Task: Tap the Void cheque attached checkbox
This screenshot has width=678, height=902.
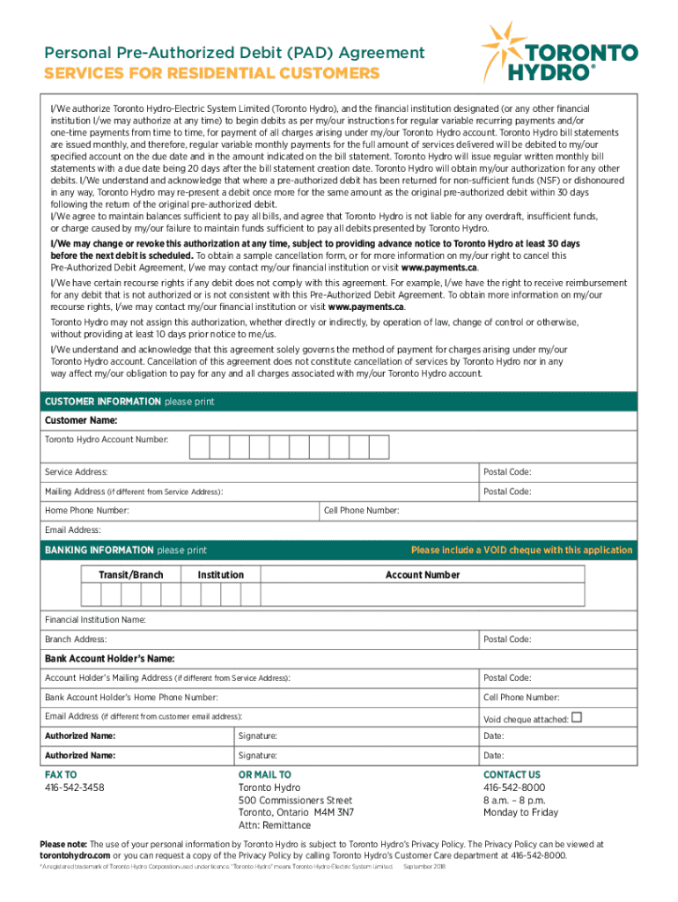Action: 577,717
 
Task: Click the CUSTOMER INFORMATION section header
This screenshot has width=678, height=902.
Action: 103,402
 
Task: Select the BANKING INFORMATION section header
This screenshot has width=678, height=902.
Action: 99,550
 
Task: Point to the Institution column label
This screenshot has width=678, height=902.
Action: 220,574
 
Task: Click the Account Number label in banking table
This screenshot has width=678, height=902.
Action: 423,574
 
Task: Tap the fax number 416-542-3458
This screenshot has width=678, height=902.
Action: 74,787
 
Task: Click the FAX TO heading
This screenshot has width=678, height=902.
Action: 61,774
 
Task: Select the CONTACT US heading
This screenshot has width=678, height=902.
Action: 512,774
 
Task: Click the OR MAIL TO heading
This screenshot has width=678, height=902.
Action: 264,774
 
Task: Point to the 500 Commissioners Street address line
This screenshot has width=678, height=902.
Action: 295,800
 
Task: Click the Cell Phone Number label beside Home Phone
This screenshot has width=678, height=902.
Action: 362,510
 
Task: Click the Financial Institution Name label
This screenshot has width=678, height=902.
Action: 95,619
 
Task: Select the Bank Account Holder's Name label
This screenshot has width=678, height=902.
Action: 110,658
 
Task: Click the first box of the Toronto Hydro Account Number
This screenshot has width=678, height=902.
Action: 199,447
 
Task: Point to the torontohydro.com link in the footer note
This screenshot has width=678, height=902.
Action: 75,855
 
